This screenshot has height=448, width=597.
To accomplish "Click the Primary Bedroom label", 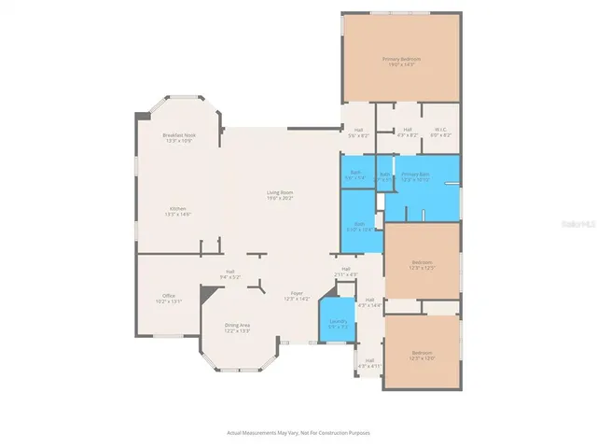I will (x=401, y=62).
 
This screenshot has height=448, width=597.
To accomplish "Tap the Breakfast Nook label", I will (x=178, y=138).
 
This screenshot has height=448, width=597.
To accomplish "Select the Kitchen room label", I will (x=178, y=211).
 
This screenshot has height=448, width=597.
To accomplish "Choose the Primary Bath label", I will (x=415, y=176).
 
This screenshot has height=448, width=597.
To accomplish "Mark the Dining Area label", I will (x=238, y=327).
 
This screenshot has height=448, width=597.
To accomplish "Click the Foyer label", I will (x=296, y=296).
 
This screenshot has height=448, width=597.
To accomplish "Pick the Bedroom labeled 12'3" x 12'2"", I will (x=423, y=265).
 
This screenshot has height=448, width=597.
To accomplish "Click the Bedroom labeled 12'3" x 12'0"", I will (x=423, y=356).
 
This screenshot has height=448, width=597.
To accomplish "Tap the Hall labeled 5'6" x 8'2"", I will (x=358, y=133).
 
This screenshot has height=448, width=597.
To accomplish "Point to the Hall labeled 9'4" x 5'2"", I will (x=229, y=274).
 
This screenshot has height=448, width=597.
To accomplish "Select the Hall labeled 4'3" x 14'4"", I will (x=370, y=302).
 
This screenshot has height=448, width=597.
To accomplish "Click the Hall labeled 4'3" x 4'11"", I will (x=369, y=362).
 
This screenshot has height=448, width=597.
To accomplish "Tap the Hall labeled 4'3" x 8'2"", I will (x=408, y=133).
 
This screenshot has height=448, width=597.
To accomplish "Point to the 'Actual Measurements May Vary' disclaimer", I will (x=298, y=432).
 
